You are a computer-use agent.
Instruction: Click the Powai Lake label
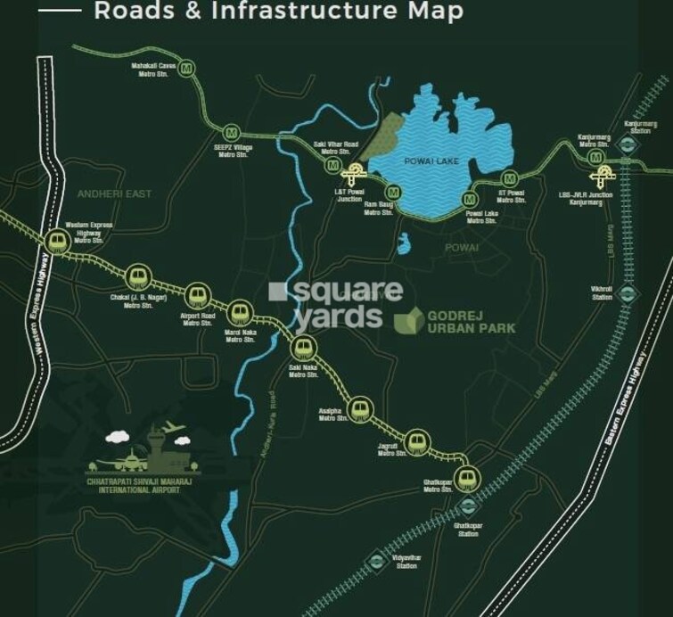(x=431, y=161)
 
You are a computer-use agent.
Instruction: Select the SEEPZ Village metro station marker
(x=232, y=131)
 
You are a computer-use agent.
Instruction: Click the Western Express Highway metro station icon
(x=58, y=242)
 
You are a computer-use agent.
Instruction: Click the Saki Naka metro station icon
(x=303, y=347)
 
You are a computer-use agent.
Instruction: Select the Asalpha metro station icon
(x=358, y=409)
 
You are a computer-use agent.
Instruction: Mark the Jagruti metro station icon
(x=414, y=440)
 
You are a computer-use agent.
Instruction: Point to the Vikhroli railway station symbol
(x=628, y=293)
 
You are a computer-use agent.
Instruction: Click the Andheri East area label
(x=115, y=193)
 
